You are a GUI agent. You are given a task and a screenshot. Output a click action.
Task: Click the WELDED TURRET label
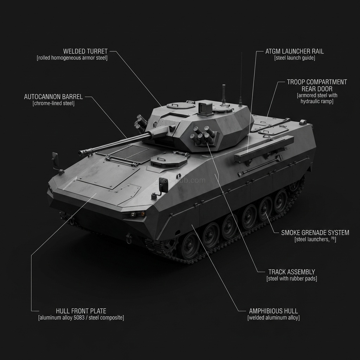point(85,51)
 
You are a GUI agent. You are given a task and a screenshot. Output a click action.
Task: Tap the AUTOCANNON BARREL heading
point(53,97)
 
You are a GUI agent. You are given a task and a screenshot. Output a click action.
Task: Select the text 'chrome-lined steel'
point(53,103)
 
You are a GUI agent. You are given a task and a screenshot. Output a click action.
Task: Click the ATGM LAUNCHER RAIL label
point(295,51)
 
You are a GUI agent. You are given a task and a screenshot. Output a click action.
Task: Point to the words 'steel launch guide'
point(295,58)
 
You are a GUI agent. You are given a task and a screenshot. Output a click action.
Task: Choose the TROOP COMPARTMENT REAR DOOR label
point(317,85)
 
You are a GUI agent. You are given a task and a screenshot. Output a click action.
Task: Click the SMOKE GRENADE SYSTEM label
point(315,233)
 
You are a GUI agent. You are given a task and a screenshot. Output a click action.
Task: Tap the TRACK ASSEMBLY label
point(291,272)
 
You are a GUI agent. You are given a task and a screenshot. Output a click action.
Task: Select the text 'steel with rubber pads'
point(292,279)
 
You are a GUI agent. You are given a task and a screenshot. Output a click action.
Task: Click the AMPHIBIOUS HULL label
point(273,311)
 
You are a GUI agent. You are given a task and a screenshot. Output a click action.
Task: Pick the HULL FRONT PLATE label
point(81,311)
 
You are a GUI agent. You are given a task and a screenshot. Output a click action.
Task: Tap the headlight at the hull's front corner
point(137,214)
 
